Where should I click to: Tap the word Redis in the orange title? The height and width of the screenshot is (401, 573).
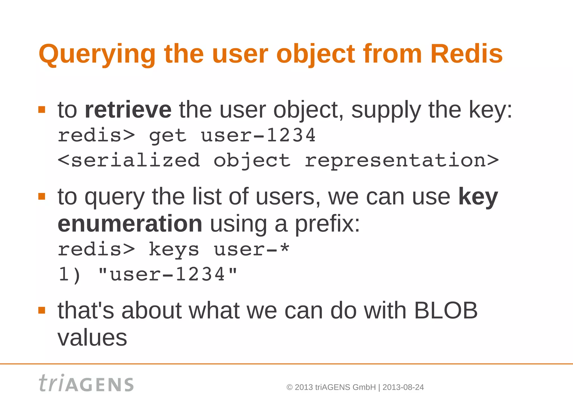[466, 54]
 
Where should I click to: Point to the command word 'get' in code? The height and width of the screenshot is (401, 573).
[168, 136]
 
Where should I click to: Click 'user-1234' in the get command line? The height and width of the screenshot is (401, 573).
[258, 135]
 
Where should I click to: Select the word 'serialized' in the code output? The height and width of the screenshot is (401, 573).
[136, 161]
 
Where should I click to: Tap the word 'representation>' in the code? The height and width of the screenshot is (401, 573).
[402, 161]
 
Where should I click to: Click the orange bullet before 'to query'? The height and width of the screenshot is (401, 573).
[42, 196]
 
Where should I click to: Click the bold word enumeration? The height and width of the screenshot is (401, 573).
[130, 224]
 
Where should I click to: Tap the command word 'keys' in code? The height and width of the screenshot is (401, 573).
[174, 249]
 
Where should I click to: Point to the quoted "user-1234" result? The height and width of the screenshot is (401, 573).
[168, 274]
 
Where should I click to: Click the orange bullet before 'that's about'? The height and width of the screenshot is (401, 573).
[42, 310]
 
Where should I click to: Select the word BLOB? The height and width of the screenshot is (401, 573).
[446, 310]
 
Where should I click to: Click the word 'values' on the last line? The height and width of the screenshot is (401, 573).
[92, 338]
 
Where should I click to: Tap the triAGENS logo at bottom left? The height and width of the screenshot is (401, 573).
[86, 383]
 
